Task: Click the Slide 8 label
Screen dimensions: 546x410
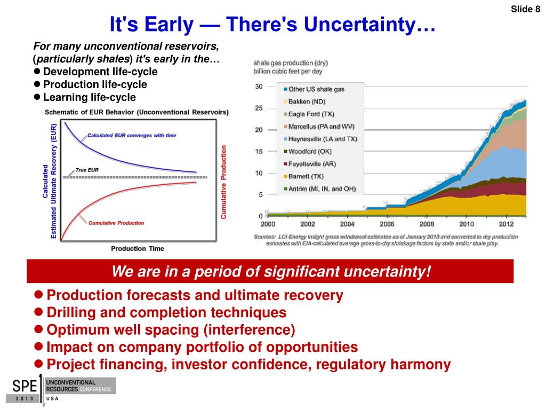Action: [525, 9]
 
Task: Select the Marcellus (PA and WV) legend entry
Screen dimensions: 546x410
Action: [319, 127]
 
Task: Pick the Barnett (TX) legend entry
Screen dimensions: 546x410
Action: [303, 176]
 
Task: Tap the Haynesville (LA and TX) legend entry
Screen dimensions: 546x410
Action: [320, 139]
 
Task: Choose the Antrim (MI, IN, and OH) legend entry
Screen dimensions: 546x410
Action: [320, 189]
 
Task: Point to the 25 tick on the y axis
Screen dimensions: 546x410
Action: [259, 108]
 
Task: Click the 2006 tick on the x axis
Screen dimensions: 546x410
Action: [387, 224]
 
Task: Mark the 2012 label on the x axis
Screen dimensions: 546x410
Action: [507, 224]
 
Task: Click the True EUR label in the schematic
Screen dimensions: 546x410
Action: [87, 170]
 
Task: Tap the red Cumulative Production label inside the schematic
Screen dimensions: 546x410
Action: [116, 223]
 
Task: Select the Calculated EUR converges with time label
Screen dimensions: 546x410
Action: [132, 136]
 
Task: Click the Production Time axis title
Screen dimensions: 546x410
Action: [138, 249]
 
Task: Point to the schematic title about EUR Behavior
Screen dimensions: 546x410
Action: [136, 112]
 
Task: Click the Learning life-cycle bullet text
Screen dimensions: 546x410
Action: [90, 97]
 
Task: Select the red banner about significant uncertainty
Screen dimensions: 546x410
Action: [270, 271]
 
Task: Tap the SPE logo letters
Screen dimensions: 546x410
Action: [25, 387]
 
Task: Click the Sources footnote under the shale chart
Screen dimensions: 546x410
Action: [386, 240]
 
